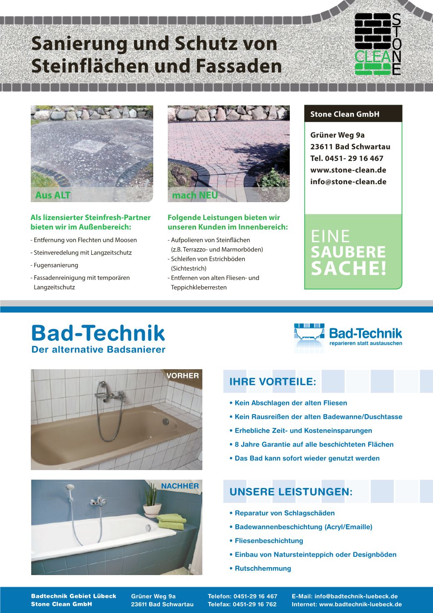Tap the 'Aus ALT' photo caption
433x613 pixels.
point(53,195)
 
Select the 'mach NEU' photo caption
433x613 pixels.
point(195,195)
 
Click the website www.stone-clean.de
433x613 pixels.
point(348,170)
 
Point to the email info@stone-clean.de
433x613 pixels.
point(348,182)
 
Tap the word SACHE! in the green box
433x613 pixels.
point(348,269)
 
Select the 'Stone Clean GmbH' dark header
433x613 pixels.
point(353,114)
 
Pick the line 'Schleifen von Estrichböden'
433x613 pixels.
point(207,259)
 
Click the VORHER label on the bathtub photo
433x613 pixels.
point(183,375)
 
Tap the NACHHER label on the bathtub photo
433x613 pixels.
point(180,486)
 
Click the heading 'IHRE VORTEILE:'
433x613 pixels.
point(273,382)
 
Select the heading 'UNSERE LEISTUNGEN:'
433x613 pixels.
point(291,492)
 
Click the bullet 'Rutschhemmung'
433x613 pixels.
point(263,568)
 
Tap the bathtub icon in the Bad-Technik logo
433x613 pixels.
point(309,335)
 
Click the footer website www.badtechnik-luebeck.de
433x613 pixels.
point(360,604)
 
